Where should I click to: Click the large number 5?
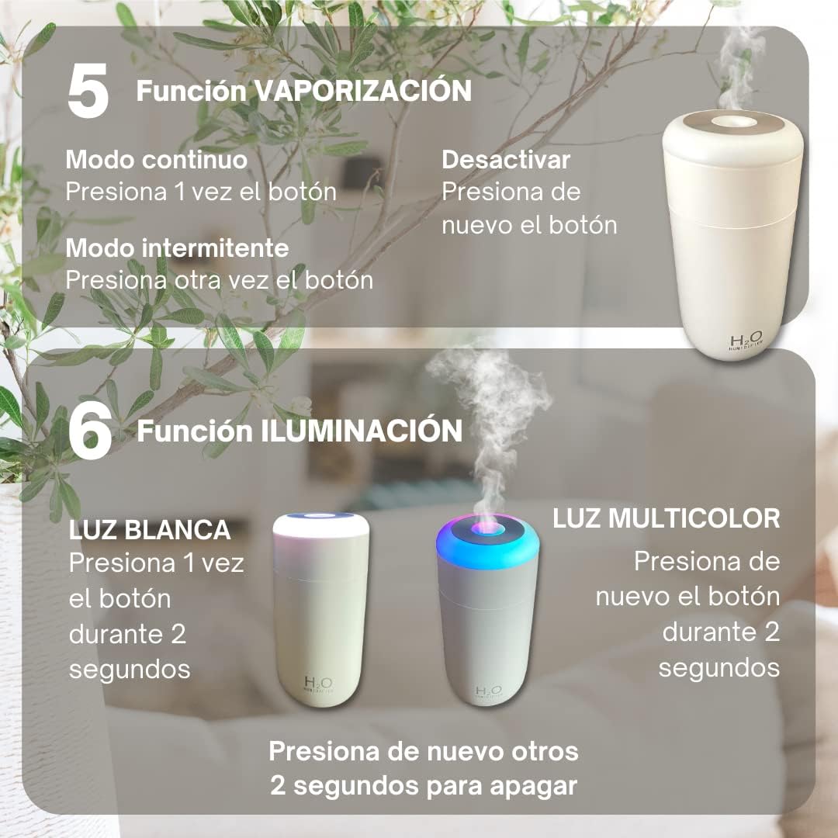click(x=87, y=92)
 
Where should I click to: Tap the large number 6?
click(x=89, y=431)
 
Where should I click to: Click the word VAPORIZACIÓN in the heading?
click(x=363, y=91)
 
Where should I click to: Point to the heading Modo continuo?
click(x=156, y=160)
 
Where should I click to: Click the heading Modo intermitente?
click(x=177, y=248)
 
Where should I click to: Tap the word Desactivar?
click(x=506, y=160)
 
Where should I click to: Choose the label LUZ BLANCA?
click(x=150, y=530)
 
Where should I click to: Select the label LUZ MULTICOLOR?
click(x=666, y=518)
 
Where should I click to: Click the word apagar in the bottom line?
click(x=534, y=785)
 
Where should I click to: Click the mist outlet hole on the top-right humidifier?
click(x=731, y=120)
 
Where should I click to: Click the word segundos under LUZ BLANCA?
click(x=130, y=669)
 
